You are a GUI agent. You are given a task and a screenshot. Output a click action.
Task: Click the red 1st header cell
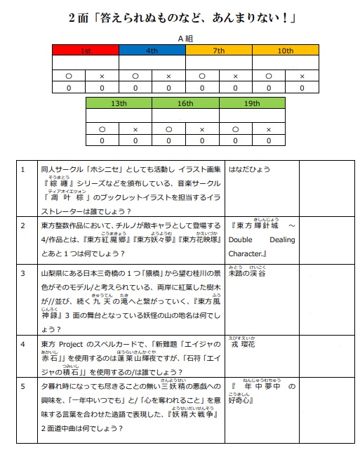[86, 51]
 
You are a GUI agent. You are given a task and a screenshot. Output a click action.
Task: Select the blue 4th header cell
[152, 51]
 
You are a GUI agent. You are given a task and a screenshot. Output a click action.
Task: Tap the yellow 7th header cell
[218, 51]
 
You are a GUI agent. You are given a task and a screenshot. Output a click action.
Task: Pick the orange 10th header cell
[285, 51]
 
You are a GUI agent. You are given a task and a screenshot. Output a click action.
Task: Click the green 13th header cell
[119, 103]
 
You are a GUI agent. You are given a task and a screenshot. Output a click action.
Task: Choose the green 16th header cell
[185, 103]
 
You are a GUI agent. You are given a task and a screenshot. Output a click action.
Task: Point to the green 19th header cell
[252, 103]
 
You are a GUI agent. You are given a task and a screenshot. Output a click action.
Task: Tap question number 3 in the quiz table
[24, 274]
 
